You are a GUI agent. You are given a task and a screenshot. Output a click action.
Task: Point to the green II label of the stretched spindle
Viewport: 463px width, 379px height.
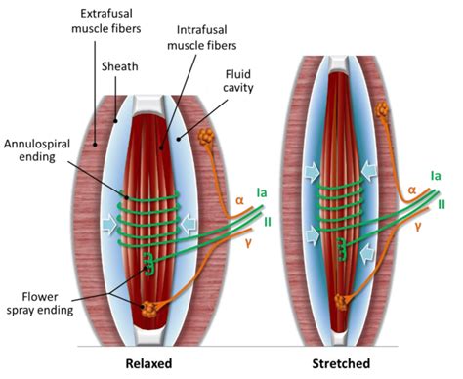[x=442, y=205]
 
